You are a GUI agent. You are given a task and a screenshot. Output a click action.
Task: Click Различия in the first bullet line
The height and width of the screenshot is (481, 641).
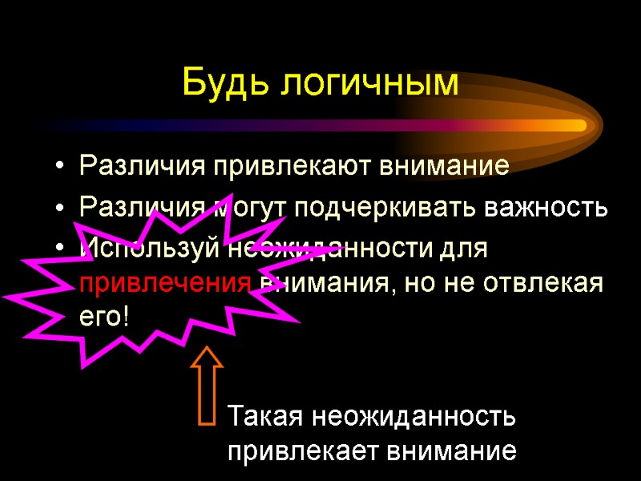click(143, 167)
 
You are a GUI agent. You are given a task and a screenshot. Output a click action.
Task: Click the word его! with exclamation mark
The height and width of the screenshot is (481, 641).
click(104, 316)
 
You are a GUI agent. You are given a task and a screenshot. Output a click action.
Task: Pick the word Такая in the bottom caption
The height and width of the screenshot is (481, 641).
click(264, 418)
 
